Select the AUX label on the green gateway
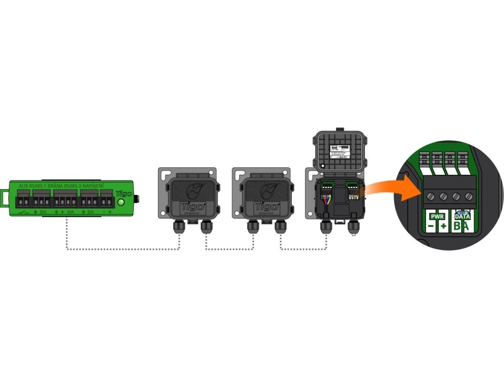23,186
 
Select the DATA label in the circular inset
461,216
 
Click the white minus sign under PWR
431,226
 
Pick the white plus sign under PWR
443,226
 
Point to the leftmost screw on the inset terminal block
431,196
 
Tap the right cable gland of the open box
353,227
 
